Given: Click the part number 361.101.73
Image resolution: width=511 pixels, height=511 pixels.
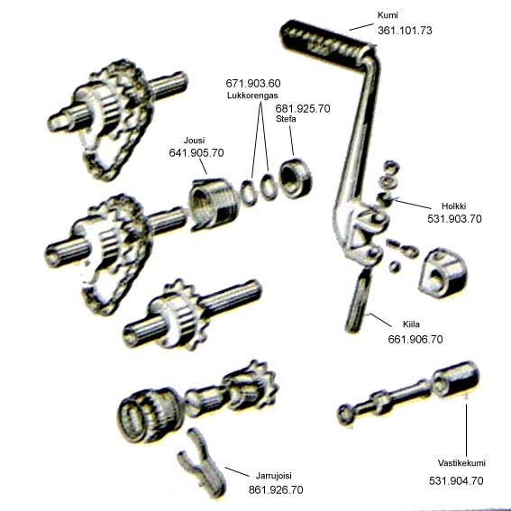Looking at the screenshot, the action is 405,31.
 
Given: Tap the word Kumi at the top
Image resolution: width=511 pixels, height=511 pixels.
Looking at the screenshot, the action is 388,15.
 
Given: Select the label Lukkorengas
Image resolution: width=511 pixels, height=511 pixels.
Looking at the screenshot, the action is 252,96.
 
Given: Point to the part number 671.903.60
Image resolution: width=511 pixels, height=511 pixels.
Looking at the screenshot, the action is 253,84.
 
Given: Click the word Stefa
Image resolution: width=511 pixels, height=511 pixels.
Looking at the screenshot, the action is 286,119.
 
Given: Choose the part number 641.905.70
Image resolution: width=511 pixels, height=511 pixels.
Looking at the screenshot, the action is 196,153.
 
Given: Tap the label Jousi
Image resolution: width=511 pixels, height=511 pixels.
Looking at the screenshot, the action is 195,141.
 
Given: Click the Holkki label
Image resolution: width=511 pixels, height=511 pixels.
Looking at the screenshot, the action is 453,206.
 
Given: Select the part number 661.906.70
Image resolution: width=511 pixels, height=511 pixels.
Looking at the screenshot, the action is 415,339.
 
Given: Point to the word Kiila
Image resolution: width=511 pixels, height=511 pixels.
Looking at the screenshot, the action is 411,324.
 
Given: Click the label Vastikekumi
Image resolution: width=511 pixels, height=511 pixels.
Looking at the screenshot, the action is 461,463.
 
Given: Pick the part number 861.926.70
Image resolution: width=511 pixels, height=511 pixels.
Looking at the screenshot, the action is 276,489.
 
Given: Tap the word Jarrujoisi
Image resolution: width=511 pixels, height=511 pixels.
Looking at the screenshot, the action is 273,476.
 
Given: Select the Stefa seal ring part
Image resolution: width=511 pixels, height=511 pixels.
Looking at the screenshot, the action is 296,178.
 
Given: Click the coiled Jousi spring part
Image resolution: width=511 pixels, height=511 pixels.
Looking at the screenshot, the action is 212,204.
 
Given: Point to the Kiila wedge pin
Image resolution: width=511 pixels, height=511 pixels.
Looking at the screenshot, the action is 358,301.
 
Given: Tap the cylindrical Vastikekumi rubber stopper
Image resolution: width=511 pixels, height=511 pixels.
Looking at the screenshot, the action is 456,379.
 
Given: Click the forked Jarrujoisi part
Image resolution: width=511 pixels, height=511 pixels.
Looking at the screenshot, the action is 201,462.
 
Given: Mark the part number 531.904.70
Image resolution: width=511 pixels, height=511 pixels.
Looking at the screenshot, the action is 456,480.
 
